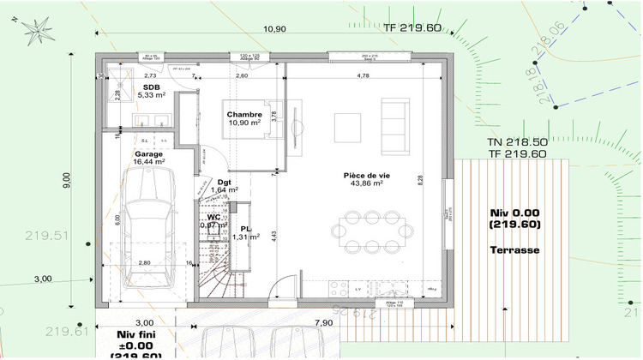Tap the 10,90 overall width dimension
point(273,29)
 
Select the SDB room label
point(151,87)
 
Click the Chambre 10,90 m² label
point(243,118)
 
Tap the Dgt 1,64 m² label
point(224,186)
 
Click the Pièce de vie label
point(365,178)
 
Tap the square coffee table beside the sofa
point(347,127)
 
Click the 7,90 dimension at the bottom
point(324,322)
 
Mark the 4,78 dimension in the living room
point(363,76)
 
